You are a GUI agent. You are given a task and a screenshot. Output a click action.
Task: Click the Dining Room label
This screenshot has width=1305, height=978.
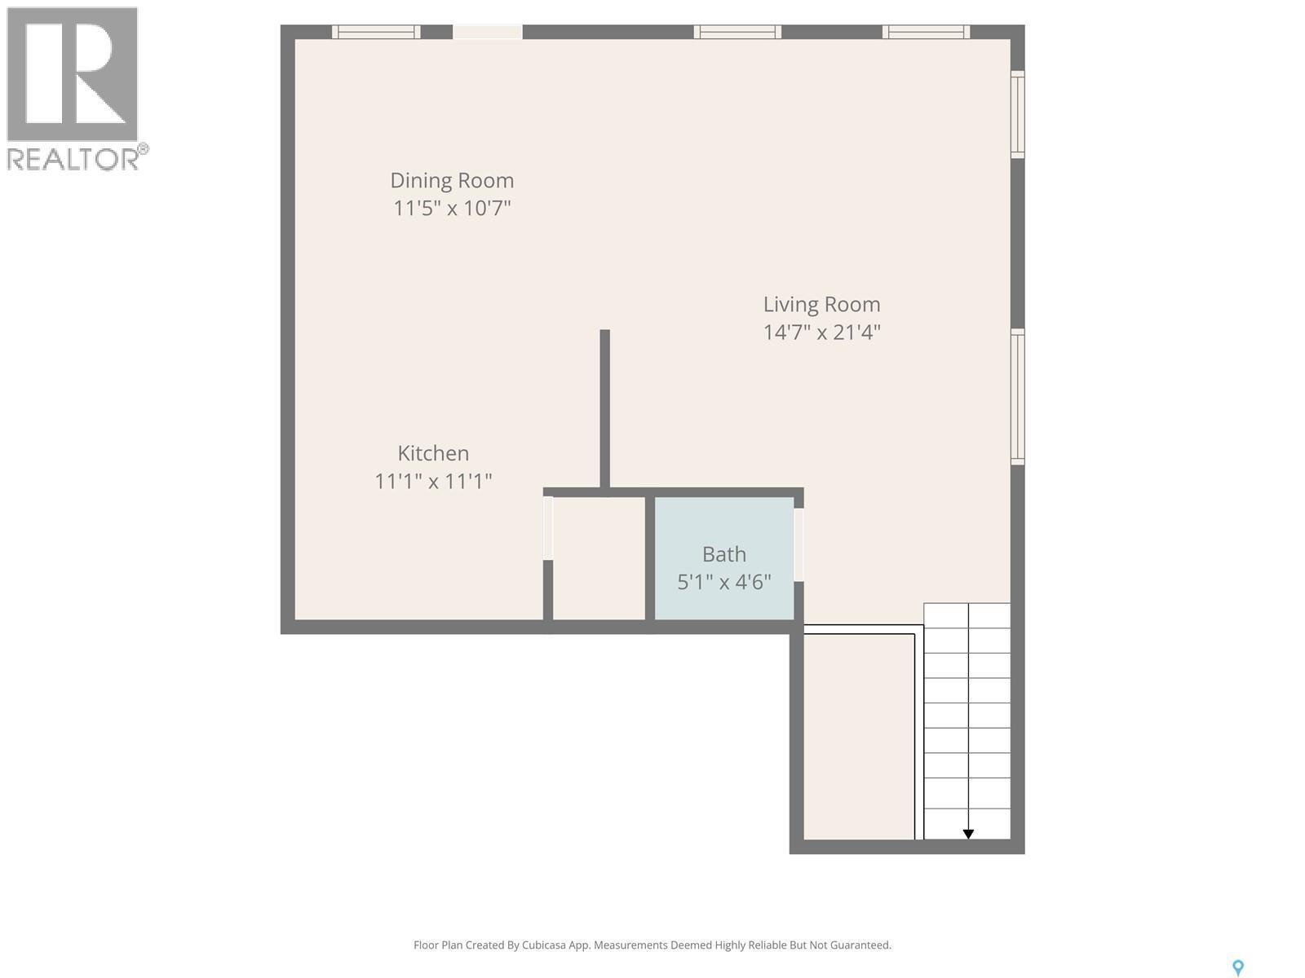pos(452,180)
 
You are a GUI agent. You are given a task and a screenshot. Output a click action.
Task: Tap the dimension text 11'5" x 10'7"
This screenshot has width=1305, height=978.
pos(452,208)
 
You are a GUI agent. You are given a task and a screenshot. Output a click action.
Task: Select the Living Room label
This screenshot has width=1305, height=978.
pos(821,304)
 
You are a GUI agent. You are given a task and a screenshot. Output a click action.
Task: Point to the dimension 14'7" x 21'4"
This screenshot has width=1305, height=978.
pos(821,333)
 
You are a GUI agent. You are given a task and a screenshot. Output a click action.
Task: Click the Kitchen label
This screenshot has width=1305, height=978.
pos(433,453)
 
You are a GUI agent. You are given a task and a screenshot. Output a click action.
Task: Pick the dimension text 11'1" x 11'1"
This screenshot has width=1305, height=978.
pos(433,482)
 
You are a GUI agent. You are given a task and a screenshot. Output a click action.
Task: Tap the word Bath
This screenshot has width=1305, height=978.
pos(724,554)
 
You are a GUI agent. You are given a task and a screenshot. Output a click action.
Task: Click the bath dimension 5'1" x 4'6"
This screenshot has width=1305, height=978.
pos(724,582)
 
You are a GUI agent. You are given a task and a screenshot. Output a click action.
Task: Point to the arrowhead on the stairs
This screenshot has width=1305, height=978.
pos(968,834)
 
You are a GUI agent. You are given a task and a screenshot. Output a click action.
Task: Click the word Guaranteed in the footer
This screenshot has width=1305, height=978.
pos(860,945)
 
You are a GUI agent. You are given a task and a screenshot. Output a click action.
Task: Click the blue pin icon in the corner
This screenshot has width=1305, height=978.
pos(1237,967)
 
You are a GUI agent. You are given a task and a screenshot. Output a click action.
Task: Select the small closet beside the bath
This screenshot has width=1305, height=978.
pos(599,558)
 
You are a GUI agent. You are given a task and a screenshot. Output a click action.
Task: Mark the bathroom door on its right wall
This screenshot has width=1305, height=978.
pos(798,544)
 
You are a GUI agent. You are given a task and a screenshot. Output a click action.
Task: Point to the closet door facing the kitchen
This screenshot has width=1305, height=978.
pos(548,528)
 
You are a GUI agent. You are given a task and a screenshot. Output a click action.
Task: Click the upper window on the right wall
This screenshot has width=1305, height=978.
pos(1018,114)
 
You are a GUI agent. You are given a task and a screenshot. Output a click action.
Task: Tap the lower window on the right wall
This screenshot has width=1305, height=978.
pos(1018,396)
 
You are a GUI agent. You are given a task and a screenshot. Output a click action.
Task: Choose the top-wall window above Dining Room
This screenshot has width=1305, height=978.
pos(376,32)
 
